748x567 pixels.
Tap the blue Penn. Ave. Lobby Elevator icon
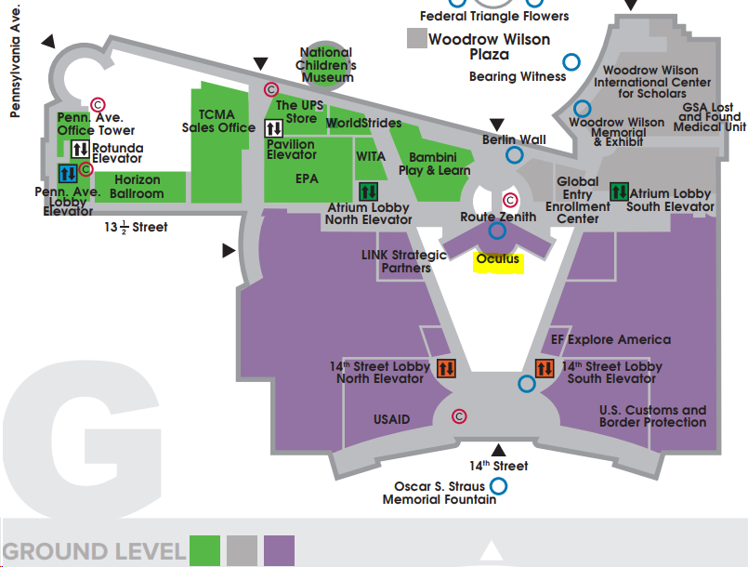[x=68, y=173]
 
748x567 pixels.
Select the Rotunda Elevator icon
[x=80, y=149]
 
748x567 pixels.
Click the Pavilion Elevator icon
[x=274, y=128]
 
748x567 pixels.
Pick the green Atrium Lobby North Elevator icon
[x=368, y=191]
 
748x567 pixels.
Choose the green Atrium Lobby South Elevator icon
[x=619, y=191]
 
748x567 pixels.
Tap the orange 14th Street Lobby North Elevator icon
[x=447, y=368]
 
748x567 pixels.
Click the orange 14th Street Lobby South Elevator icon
[x=545, y=368]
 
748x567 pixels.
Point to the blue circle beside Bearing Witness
[x=571, y=62]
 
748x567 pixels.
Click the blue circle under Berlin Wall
[x=514, y=155]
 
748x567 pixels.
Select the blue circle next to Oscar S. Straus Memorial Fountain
[x=498, y=486]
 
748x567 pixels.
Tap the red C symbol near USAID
[x=459, y=416]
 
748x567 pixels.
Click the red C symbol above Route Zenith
[x=510, y=200]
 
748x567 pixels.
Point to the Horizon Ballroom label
[x=137, y=187]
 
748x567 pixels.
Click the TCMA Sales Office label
[x=218, y=121]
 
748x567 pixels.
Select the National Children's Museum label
[x=326, y=65]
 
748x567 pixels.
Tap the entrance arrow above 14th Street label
[x=498, y=450]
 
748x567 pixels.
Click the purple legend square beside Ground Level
[x=279, y=550]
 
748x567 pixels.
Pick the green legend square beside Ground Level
[x=204, y=550]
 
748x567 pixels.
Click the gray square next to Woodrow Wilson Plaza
[x=417, y=38]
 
